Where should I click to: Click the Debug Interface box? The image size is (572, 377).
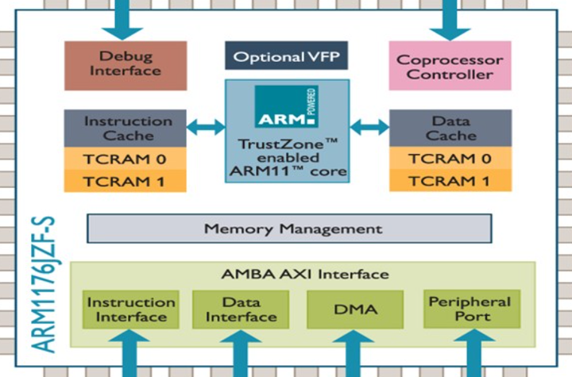126,65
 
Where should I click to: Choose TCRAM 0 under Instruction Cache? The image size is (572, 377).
126,158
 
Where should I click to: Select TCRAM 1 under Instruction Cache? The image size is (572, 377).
126,180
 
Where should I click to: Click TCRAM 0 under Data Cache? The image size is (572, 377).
450,158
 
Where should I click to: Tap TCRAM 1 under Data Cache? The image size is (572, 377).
450,180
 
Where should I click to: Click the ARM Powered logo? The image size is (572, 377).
286,107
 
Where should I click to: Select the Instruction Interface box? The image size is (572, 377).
131,310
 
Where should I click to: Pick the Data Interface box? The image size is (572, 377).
240,310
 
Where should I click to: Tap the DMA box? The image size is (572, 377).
354,310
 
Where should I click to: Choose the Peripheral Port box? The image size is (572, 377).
469,310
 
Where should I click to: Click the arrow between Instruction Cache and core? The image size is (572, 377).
206,125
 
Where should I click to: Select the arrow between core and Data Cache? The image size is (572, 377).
369,125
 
